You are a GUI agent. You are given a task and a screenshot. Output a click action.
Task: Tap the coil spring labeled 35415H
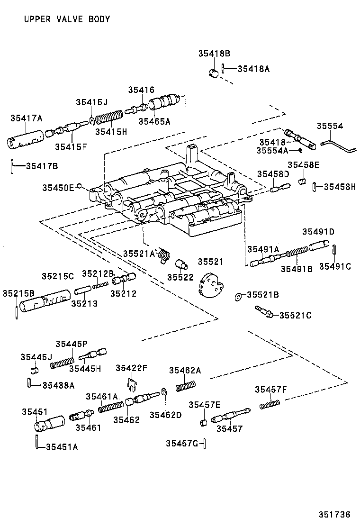click(109, 118)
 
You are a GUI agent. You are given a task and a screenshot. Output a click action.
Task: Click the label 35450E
click(58, 188)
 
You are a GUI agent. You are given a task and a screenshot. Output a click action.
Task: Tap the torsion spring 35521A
click(164, 255)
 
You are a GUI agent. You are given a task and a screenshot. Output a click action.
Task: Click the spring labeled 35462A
click(186, 386)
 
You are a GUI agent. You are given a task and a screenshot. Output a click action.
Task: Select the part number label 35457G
click(182, 444)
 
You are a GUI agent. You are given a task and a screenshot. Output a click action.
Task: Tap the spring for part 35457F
click(270, 404)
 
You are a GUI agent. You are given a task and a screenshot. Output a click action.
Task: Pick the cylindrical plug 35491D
click(319, 246)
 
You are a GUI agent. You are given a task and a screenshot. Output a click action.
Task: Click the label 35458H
click(339, 187)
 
